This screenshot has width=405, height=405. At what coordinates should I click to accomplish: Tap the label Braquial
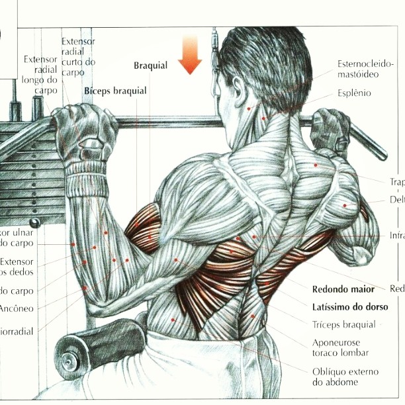click(x=151, y=66)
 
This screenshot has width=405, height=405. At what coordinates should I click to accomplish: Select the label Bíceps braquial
click(x=115, y=91)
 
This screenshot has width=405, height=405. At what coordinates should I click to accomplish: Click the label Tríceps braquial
click(x=342, y=324)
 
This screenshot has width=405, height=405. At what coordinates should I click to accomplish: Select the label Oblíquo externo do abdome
click(x=343, y=376)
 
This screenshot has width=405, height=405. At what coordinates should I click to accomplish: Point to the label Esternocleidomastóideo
click(x=365, y=69)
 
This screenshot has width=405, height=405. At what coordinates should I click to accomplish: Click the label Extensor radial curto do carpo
click(x=78, y=56)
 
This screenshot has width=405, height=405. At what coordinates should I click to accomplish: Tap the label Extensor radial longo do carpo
click(x=40, y=74)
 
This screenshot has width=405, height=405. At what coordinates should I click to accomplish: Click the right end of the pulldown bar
click(x=381, y=154)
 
